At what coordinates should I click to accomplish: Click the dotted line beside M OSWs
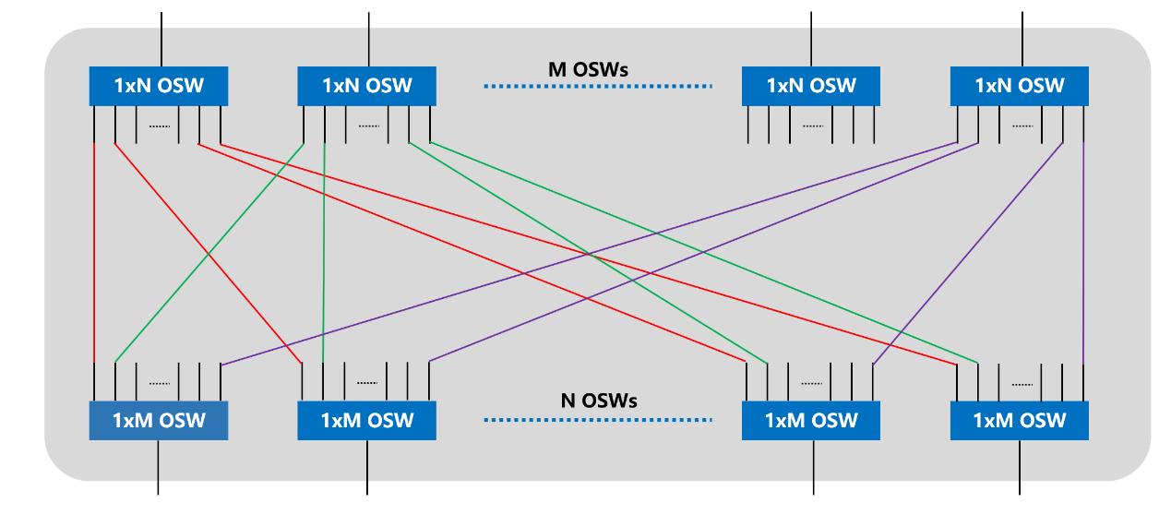[x=599, y=87]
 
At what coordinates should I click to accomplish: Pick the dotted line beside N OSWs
[x=599, y=421]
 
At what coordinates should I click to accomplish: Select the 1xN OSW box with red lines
[x=158, y=86]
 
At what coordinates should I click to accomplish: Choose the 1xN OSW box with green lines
[x=366, y=86]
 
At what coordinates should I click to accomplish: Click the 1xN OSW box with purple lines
[x=1020, y=86]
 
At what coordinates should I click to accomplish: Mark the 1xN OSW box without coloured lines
[x=811, y=86]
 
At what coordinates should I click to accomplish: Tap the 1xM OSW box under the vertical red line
[x=158, y=421]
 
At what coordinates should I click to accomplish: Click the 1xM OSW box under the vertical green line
[x=366, y=421]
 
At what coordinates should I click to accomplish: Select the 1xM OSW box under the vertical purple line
[x=1020, y=421]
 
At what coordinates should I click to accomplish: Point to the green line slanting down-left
[x=208, y=254]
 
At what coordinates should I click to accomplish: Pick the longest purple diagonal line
[x=591, y=254]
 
